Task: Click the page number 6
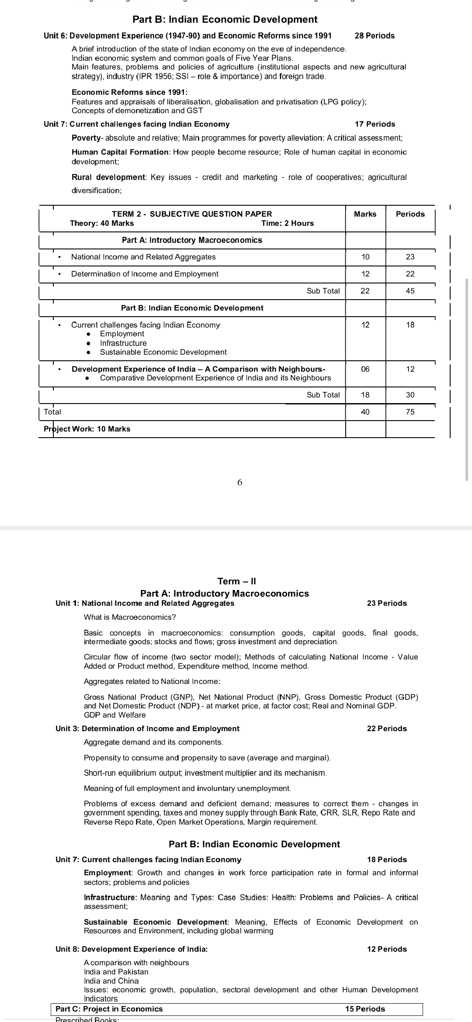tap(239, 483)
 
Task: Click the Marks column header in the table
tap(365, 214)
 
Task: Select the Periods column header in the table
tap(410, 214)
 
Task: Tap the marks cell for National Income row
tap(365, 257)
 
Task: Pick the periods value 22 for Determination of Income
tap(410, 274)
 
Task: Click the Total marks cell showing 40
tap(365, 412)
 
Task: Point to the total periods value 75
tap(410, 412)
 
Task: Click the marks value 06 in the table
tap(365, 369)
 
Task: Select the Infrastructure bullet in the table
tap(123, 343)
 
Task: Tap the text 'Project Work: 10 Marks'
tap(87, 429)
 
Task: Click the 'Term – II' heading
tap(236, 581)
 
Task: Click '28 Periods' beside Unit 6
tap(375, 36)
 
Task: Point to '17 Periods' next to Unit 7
tap(375, 124)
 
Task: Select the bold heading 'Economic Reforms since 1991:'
tap(130, 92)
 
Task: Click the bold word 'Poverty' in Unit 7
tap(86, 138)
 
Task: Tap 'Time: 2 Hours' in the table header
tap(287, 223)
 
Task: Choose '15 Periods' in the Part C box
tap(365, 1009)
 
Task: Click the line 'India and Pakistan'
tap(116, 972)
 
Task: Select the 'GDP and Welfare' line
tap(115, 715)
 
